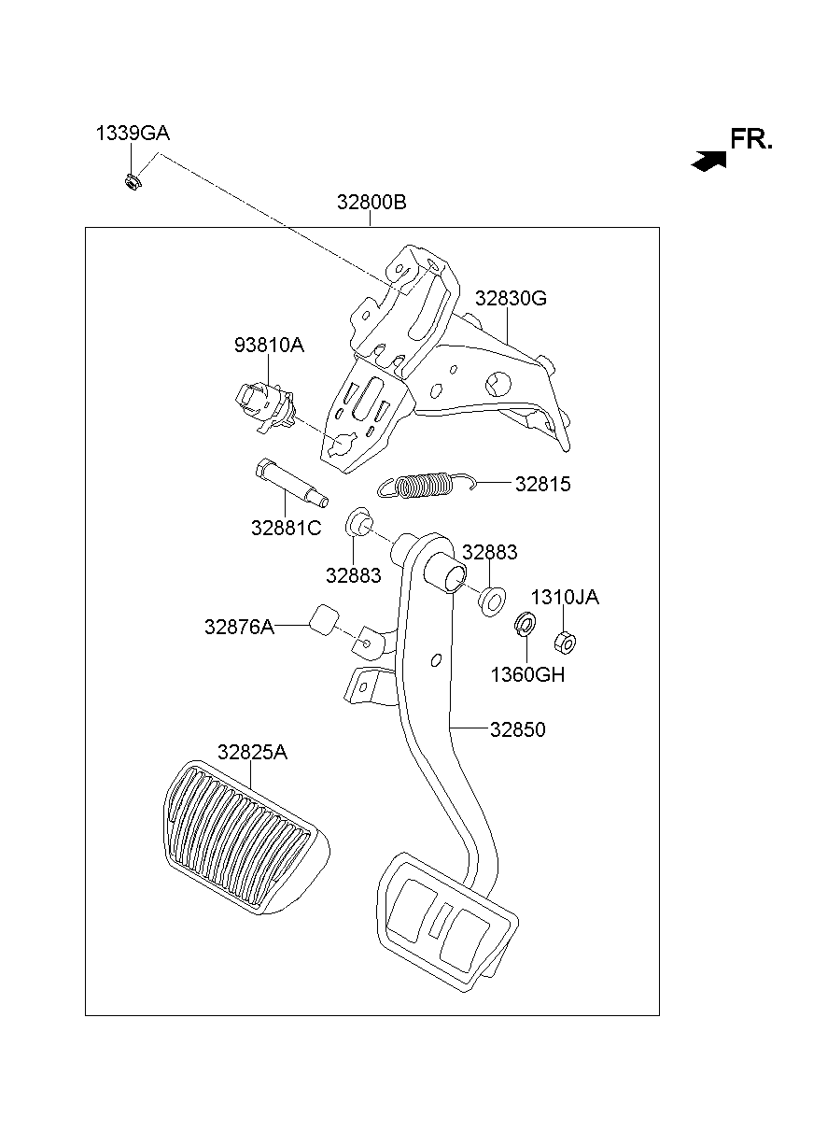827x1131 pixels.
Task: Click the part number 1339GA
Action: pyautogui.click(x=133, y=134)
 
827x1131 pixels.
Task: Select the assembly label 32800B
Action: pyautogui.click(x=371, y=203)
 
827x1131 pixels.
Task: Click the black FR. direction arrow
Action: pyautogui.click(x=708, y=161)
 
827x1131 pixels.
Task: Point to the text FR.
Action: pyautogui.click(x=751, y=140)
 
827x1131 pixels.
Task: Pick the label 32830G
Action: pyautogui.click(x=511, y=299)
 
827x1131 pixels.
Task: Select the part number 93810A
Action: pyautogui.click(x=269, y=346)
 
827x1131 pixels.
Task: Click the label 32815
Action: pyautogui.click(x=542, y=485)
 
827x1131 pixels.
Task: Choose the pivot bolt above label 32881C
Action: pyautogui.click(x=287, y=479)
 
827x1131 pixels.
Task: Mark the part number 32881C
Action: pyautogui.click(x=286, y=528)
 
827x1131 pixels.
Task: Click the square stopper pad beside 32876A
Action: pyautogui.click(x=325, y=619)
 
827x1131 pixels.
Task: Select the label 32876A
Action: pyautogui.click(x=239, y=628)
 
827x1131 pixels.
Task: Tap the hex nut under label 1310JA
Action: pyautogui.click(x=564, y=642)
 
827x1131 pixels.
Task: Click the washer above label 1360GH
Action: pyautogui.click(x=525, y=625)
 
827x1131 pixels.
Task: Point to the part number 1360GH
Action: pyautogui.click(x=527, y=674)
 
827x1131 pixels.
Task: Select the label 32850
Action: pyautogui.click(x=517, y=729)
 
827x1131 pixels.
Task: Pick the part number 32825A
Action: pyautogui.click(x=252, y=752)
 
